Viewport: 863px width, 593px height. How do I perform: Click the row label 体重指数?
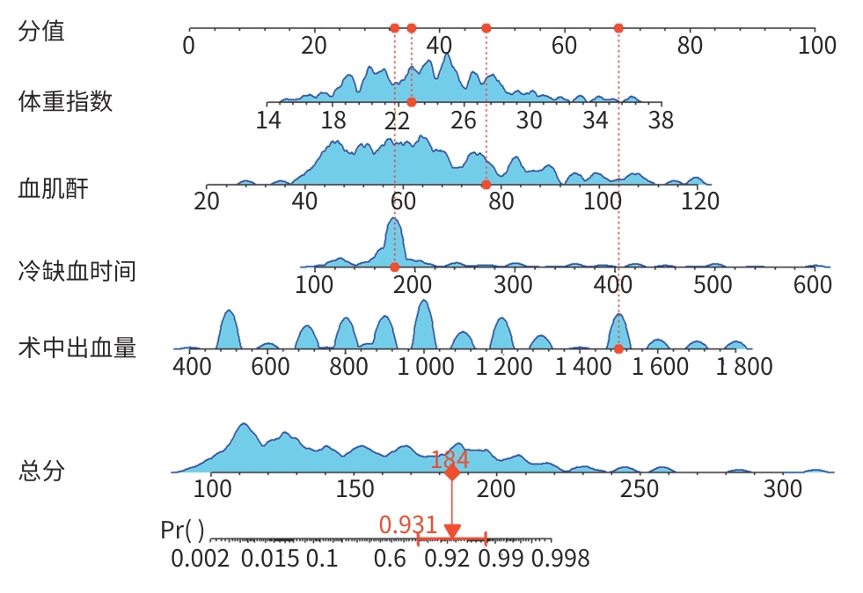pos(66,101)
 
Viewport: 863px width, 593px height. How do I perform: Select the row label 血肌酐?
pos(54,187)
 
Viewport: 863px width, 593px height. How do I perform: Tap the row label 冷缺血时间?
pos(77,270)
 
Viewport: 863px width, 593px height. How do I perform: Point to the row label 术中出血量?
pos(77,348)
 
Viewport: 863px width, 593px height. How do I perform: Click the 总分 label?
pos(41,471)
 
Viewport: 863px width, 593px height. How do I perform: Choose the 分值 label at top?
pos(41,32)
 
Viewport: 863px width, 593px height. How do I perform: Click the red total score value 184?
pos(450,459)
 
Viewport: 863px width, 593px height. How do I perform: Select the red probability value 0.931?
pos(408,525)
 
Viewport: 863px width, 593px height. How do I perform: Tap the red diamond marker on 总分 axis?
pos(451,473)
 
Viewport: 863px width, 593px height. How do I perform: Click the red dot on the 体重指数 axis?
pos(412,102)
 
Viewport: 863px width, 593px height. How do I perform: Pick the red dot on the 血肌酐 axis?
pos(486,185)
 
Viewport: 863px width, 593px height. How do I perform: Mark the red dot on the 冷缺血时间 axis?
pos(394,267)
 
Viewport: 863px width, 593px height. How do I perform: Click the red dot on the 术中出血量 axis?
pos(618,349)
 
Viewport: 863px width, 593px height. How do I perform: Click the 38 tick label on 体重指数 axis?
pos(660,121)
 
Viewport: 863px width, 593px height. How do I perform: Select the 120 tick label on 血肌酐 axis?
pos(700,202)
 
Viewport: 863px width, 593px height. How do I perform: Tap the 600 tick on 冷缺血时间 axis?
pos(812,285)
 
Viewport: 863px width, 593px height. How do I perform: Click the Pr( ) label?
pos(183,531)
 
